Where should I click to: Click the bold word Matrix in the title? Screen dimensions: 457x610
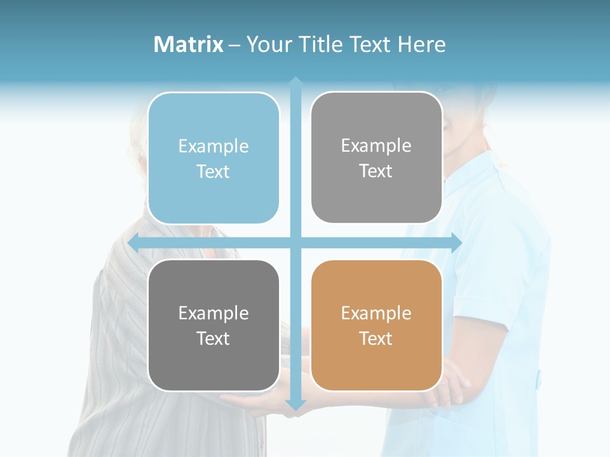189,44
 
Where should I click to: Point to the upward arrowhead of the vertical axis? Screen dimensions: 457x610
295,82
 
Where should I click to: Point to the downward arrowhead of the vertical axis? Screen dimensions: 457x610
295,404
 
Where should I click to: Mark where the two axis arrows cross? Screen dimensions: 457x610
295,242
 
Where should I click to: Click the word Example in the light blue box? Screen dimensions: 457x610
213,147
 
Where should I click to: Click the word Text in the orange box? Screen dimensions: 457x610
376,338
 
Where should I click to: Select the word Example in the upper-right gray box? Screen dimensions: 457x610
376,146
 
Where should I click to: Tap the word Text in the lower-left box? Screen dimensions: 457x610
213,338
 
